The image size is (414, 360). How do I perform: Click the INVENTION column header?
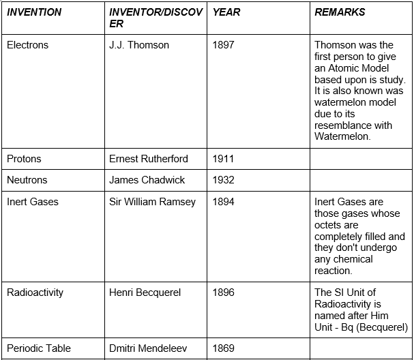click(x=34, y=12)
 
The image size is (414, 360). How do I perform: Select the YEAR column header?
click(x=226, y=12)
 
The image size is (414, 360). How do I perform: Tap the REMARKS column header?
click(x=340, y=12)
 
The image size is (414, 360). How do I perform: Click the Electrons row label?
click(x=27, y=45)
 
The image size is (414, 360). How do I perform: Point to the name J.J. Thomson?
click(x=139, y=45)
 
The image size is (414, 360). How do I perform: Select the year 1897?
click(x=223, y=45)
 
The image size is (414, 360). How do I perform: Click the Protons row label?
click(x=24, y=159)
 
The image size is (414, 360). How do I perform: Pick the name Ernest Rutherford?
click(x=149, y=159)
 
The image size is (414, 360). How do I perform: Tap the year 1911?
click(x=223, y=159)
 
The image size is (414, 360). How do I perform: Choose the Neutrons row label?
click(x=27, y=180)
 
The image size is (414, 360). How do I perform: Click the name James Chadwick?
click(x=147, y=180)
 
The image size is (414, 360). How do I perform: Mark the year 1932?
click(x=223, y=180)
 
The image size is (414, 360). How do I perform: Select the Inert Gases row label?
click(x=33, y=202)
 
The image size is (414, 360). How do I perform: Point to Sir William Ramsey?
click(x=152, y=202)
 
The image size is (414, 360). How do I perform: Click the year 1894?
click(x=223, y=202)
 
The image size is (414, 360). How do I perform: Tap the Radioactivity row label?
click(x=35, y=292)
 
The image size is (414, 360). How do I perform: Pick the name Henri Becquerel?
click(x=145, y=292)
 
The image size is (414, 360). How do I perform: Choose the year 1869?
click(x=223, y=348)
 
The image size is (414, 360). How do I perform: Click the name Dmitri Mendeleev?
click(x=149, y=348)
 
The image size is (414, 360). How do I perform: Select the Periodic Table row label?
click(x=39, y=348)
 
